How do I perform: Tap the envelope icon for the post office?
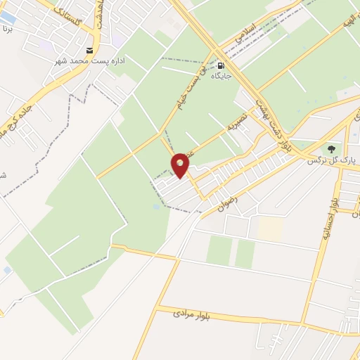pos(89,50)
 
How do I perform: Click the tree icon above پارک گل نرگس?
pos(330,149)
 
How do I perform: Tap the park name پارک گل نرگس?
pos(332,160)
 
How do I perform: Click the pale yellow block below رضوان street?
pos(269,228)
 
